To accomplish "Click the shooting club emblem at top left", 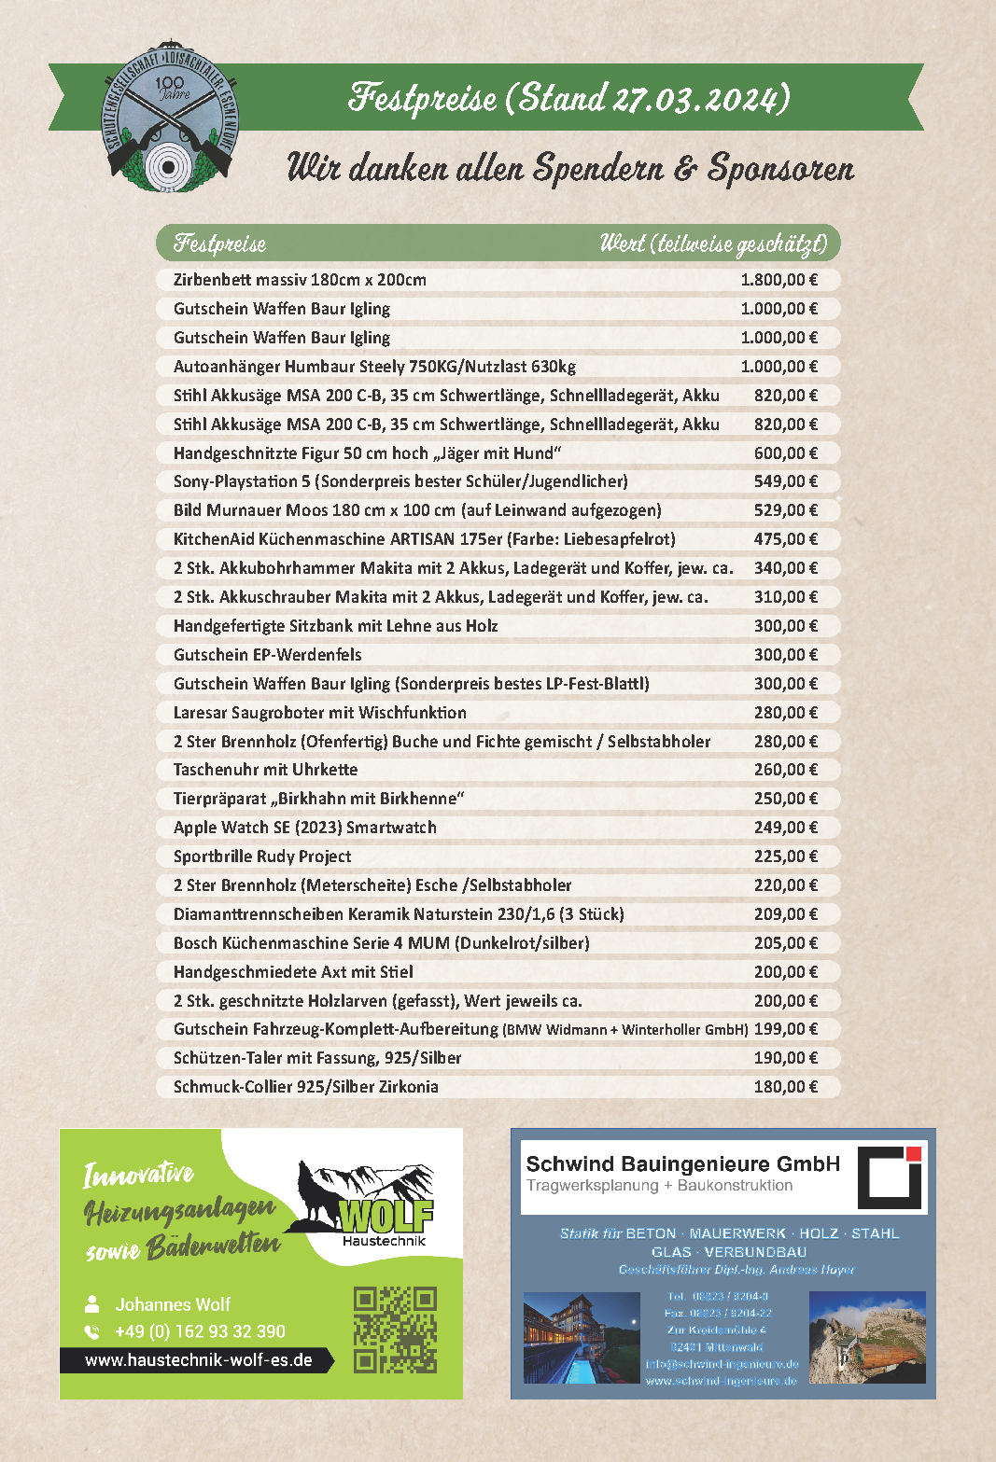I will tap(169, 117).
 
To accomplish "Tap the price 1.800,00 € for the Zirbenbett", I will tap(779, 280).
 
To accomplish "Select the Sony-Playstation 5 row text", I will tap(400, 481).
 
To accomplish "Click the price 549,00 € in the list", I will tap(785, 481).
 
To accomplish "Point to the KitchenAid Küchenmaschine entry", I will tap(424, 539).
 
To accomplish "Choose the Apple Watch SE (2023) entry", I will tap(304, 828).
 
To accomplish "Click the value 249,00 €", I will tap(785, 828).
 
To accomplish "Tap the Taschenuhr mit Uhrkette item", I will tap(265, 770).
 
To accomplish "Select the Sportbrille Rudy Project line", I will tap(262, 856).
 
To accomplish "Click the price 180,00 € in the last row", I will tap(785, 1087).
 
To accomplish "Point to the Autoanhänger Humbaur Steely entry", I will tap(374, 367).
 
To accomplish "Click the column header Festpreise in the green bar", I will tap(219, 244).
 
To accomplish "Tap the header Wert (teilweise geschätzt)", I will tap(713, 244).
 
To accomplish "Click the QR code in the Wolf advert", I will tap(395, 1330).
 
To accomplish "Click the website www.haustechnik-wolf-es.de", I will tap(198, 1360).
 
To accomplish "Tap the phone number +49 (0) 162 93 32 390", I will tap(200, 1331).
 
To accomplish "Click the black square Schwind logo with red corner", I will tap(890, 1177).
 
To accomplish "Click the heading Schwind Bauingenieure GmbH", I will tap(682, 1163).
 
